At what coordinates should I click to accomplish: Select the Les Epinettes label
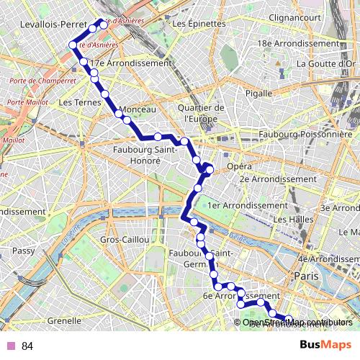point(199,24)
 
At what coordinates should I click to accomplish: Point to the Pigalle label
point(258,93)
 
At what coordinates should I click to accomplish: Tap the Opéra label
point(240,166)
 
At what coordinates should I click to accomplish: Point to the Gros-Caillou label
point(125,239)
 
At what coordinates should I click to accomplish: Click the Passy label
point(24,251)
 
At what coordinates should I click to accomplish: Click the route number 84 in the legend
point(27,346)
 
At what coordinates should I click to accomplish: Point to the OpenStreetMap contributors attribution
point(297,322)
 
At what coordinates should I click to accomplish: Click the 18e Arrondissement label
point(297,43)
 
